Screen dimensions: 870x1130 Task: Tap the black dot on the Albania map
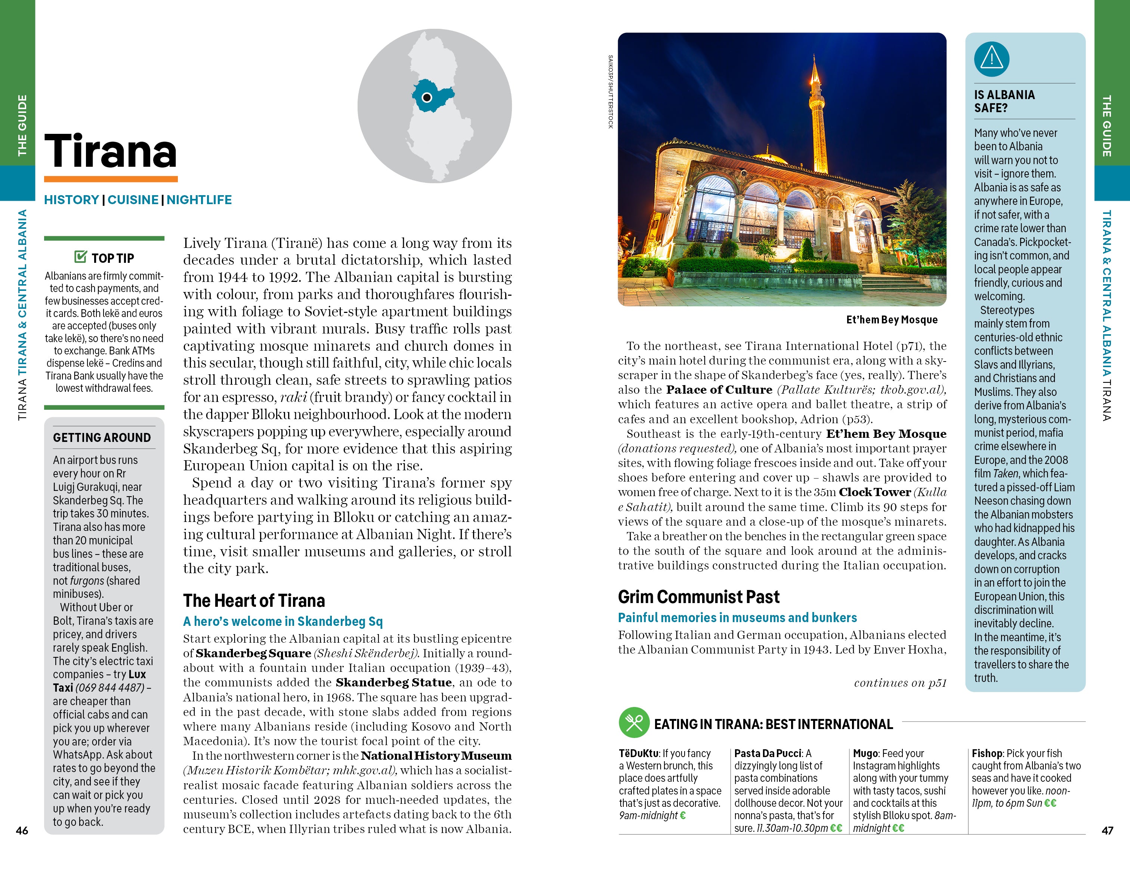(x=427, y=97)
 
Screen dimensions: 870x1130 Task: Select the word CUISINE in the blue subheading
(x=133, y=200)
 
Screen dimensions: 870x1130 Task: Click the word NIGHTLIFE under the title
(x=199, y=200)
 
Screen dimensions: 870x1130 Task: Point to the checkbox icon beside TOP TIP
(x=81, y=257)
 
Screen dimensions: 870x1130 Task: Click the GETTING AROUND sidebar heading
(x=102, y=438)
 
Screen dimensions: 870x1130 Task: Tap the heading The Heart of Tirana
(x=254, y=600)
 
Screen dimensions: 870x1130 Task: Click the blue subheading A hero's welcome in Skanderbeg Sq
(x=283, y=622)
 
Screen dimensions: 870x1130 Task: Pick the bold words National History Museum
(x=436, y=756)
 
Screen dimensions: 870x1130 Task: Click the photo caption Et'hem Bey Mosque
(x=892, y=320)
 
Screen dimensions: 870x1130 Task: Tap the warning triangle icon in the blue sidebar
(x=991, y=58)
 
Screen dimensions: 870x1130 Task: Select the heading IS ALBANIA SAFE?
(x=1004, y=101)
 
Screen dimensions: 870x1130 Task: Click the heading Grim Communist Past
(x=698, y=597)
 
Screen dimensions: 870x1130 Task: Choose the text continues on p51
(x=900, y=683)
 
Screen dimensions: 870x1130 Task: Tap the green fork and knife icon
(x=634, y=722)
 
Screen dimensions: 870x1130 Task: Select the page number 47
(x=1107, y=831)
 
